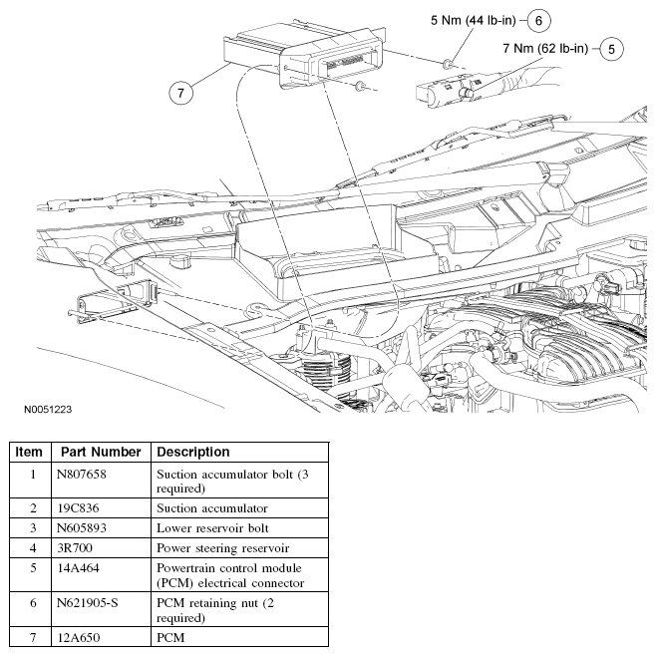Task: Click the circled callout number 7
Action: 180,93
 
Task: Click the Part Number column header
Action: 100,452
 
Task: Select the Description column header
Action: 192,452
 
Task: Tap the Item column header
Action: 30,452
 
